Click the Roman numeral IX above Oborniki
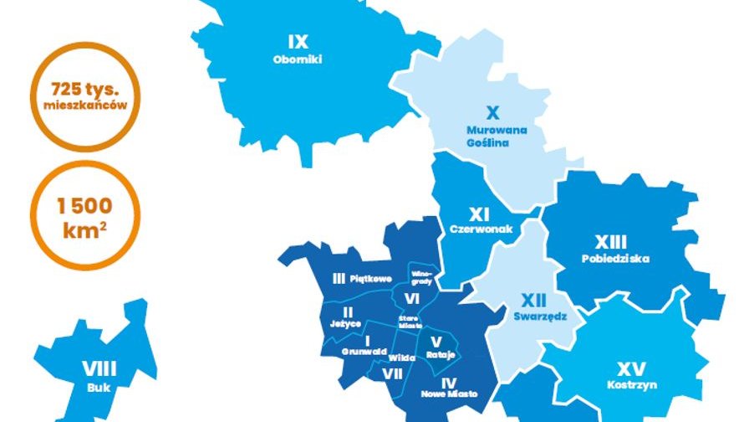click(298, 42)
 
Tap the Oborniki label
click(298, 59)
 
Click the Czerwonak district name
click(479, 229)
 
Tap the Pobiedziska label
click(615, 259)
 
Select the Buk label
click(99, 388)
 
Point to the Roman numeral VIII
click(99, 368)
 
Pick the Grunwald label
click(364, 353)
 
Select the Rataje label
click(440, 355)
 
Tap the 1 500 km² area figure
click(84, 216)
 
